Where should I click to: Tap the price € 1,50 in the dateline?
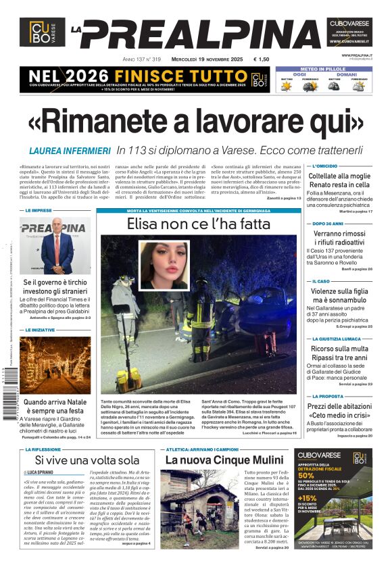click(261, 59)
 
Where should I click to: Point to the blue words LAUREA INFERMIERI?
click(70, 151)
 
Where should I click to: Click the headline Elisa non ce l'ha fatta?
click(198, 224)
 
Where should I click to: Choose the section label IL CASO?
click(321, 281)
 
